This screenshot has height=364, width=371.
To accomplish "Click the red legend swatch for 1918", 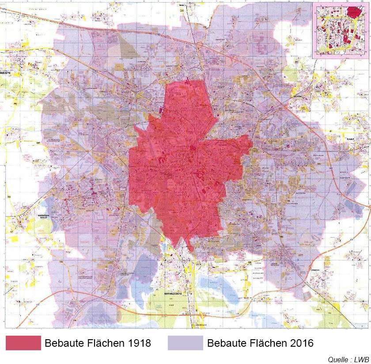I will point(23,343).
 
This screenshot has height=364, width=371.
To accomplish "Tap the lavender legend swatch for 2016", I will point(185,343).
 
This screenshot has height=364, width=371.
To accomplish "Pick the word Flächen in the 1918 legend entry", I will point(105,343).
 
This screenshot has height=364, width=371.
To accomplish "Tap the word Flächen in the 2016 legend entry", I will point(267,343).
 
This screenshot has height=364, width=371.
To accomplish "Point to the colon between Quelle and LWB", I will point(350,359).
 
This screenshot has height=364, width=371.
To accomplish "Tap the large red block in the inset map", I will point(353,13).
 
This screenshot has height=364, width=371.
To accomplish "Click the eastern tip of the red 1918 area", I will point(251,143).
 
